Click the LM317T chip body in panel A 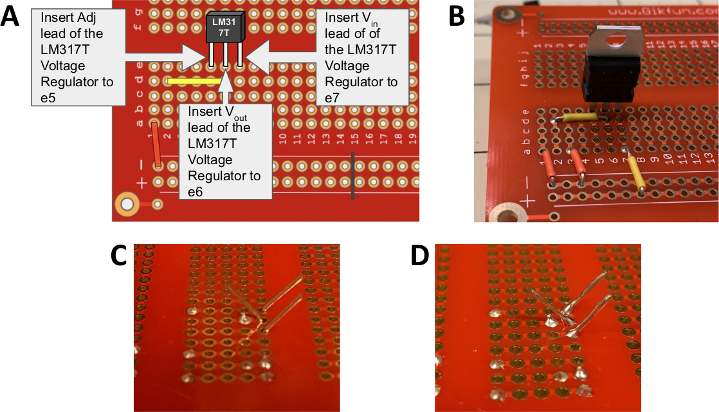pos(225,29)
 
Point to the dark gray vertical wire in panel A pos(352,176)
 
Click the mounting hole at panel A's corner pos(127,205)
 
